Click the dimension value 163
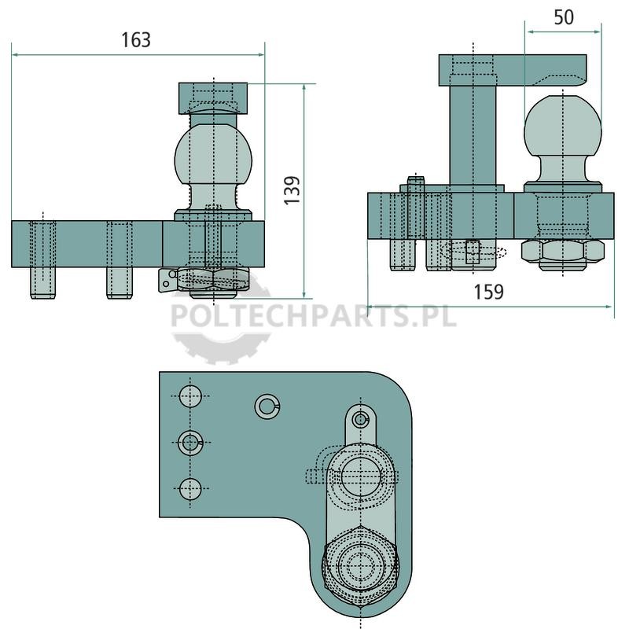(136, 40)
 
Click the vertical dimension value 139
(292, 190)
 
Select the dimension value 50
(564, 17)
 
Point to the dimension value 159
(488, 292)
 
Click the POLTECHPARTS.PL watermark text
(314, 316)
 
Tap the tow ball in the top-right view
(563, 126)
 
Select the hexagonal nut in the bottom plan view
(360, 565)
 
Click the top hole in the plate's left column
(190, 396)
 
